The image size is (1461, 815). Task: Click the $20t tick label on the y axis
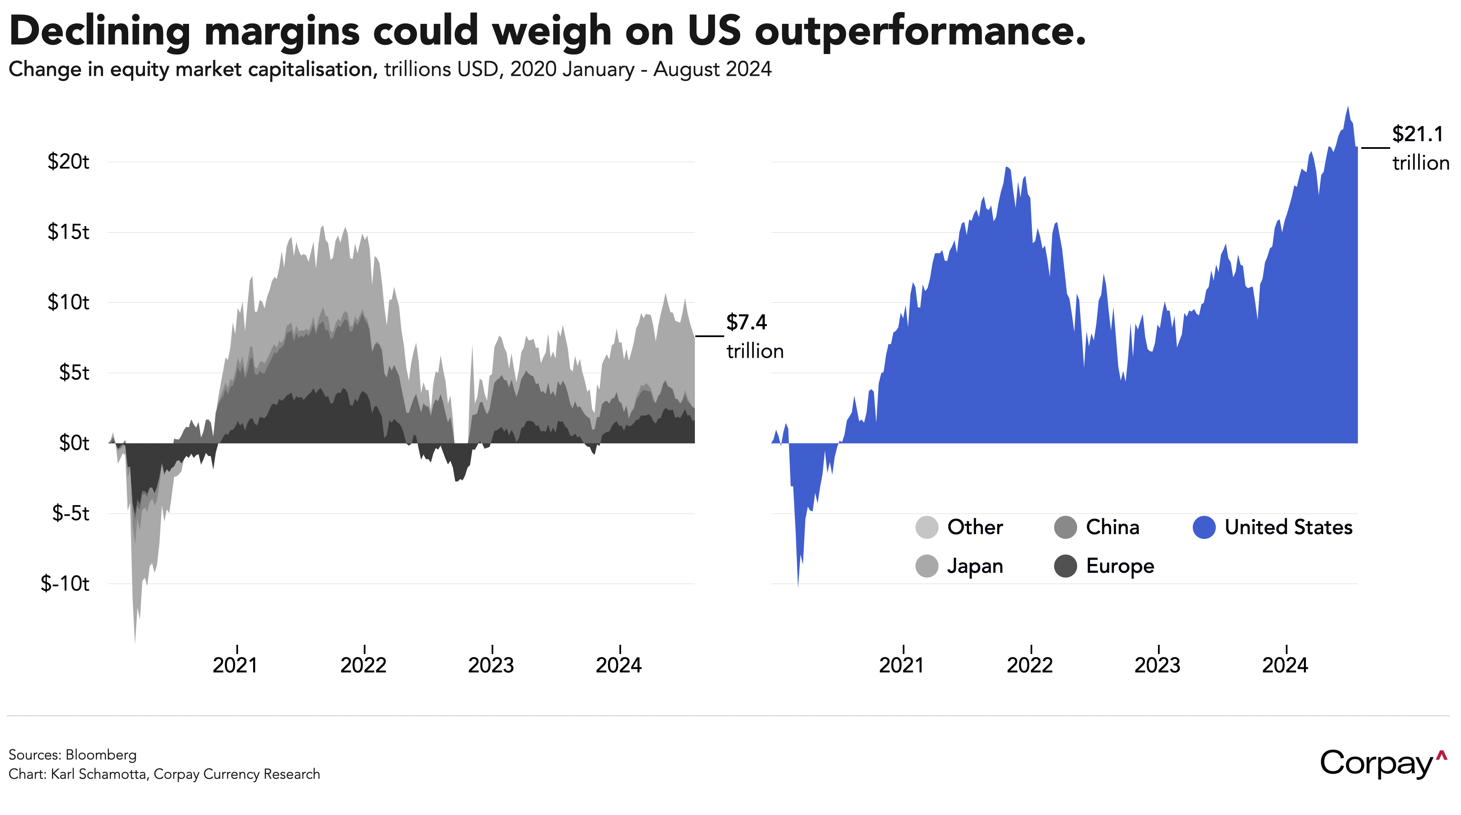tap(68, 162)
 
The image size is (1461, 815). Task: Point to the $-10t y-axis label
tap(65, 584)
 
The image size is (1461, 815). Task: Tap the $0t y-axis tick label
tap(74, 443)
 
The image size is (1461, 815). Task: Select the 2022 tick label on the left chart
tap(363, 665)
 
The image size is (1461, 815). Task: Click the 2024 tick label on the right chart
tap(1285, 665)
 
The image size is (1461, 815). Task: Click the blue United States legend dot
tap(1204, 527)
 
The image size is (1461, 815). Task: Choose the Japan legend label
tap(975, 566)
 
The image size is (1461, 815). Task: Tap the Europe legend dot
tap(1065, 566)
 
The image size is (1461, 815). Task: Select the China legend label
tap(1112, 527)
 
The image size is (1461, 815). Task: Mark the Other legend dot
tap(927, 527)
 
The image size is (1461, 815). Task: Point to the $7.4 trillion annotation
tap(754, 336)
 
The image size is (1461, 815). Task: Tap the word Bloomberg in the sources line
tap(101, 755)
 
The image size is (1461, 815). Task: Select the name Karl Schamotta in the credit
tap(98, 774)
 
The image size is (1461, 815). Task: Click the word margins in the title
tap(282, 31)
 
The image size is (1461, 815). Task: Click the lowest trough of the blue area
tap(798, 586)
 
